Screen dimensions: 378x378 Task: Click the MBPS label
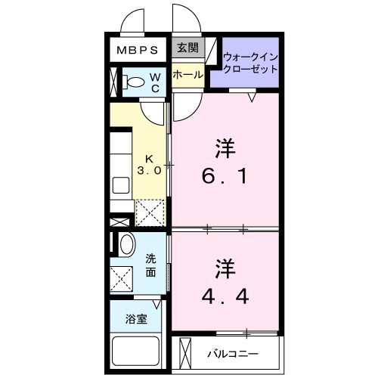(x=137, y=51)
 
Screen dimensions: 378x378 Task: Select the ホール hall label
(x=187, y=75)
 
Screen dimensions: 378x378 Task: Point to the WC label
(x=153, y=82)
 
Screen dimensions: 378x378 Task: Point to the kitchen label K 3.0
(x=149, y=165)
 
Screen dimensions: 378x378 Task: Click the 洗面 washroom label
(x=150, y=265)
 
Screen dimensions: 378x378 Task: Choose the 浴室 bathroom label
(x=136, y=318)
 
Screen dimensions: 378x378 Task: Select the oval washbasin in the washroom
(x=126, y=244)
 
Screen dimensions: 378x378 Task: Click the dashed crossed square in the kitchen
(x=150, y=212)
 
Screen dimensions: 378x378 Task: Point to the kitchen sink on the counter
(x=119, y=185)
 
